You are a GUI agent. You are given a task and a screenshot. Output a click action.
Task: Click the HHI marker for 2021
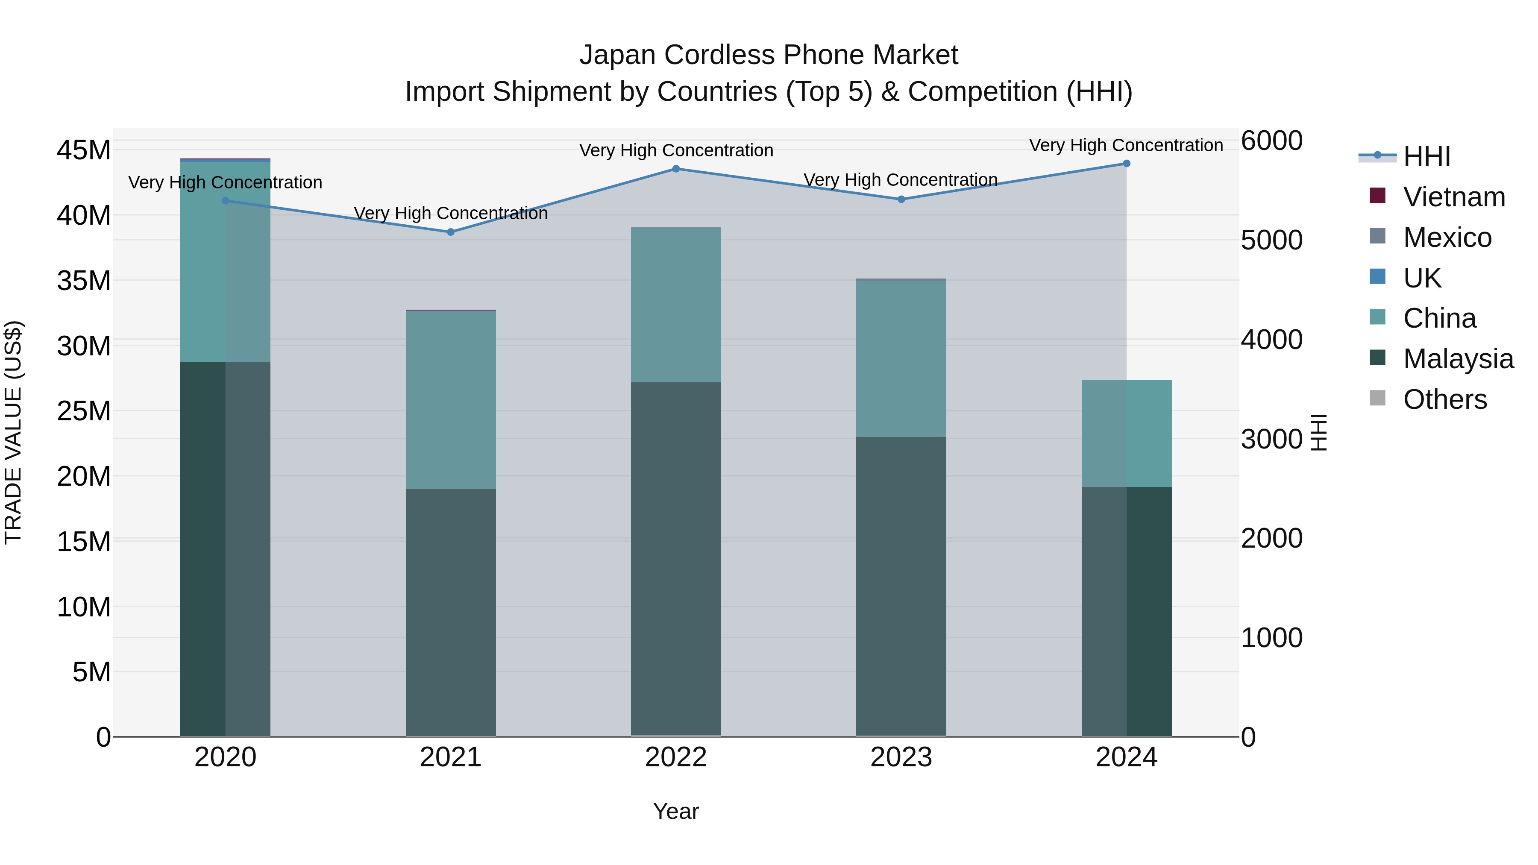[x=451, y=232]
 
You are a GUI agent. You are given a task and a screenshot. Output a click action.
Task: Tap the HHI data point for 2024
[x=1127, y=164]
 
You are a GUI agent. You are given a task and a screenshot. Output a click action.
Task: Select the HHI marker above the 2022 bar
[x=676, y=169]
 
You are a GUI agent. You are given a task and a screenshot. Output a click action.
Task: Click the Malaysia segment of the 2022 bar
[x=676, y=558]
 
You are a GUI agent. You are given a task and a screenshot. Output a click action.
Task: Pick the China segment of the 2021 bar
[x=451, y=400]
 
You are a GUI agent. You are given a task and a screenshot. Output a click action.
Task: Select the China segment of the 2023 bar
[x=901, y=358]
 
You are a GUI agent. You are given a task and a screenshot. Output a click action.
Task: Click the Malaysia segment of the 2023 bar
[x=901, y=586]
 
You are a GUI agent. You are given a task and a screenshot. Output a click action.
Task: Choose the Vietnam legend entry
[x=1454, y=197]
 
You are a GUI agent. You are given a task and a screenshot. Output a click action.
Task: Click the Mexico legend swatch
[x=1377, y=236]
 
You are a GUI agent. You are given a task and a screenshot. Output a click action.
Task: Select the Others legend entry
[x=1445, y=399]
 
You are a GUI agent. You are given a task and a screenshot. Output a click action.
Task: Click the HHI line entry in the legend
[x=1426, y=156]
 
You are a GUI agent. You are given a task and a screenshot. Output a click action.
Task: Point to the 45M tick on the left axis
[x=84, y=150]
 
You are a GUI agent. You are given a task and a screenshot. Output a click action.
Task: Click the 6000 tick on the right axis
[x=1272, y=141]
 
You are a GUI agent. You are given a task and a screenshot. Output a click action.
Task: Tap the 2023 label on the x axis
[x=901, y=757]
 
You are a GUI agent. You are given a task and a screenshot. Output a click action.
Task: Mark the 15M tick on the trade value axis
[x=84, y=542]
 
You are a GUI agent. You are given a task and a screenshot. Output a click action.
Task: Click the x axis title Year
[x=676, y=811]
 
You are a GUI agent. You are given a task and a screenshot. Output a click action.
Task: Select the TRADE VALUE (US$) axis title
[x=13, y=433]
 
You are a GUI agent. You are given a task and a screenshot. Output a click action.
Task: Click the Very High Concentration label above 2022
[x=676, y=150]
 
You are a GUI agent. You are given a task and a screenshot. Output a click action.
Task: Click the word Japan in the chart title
[x=617, y=55]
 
